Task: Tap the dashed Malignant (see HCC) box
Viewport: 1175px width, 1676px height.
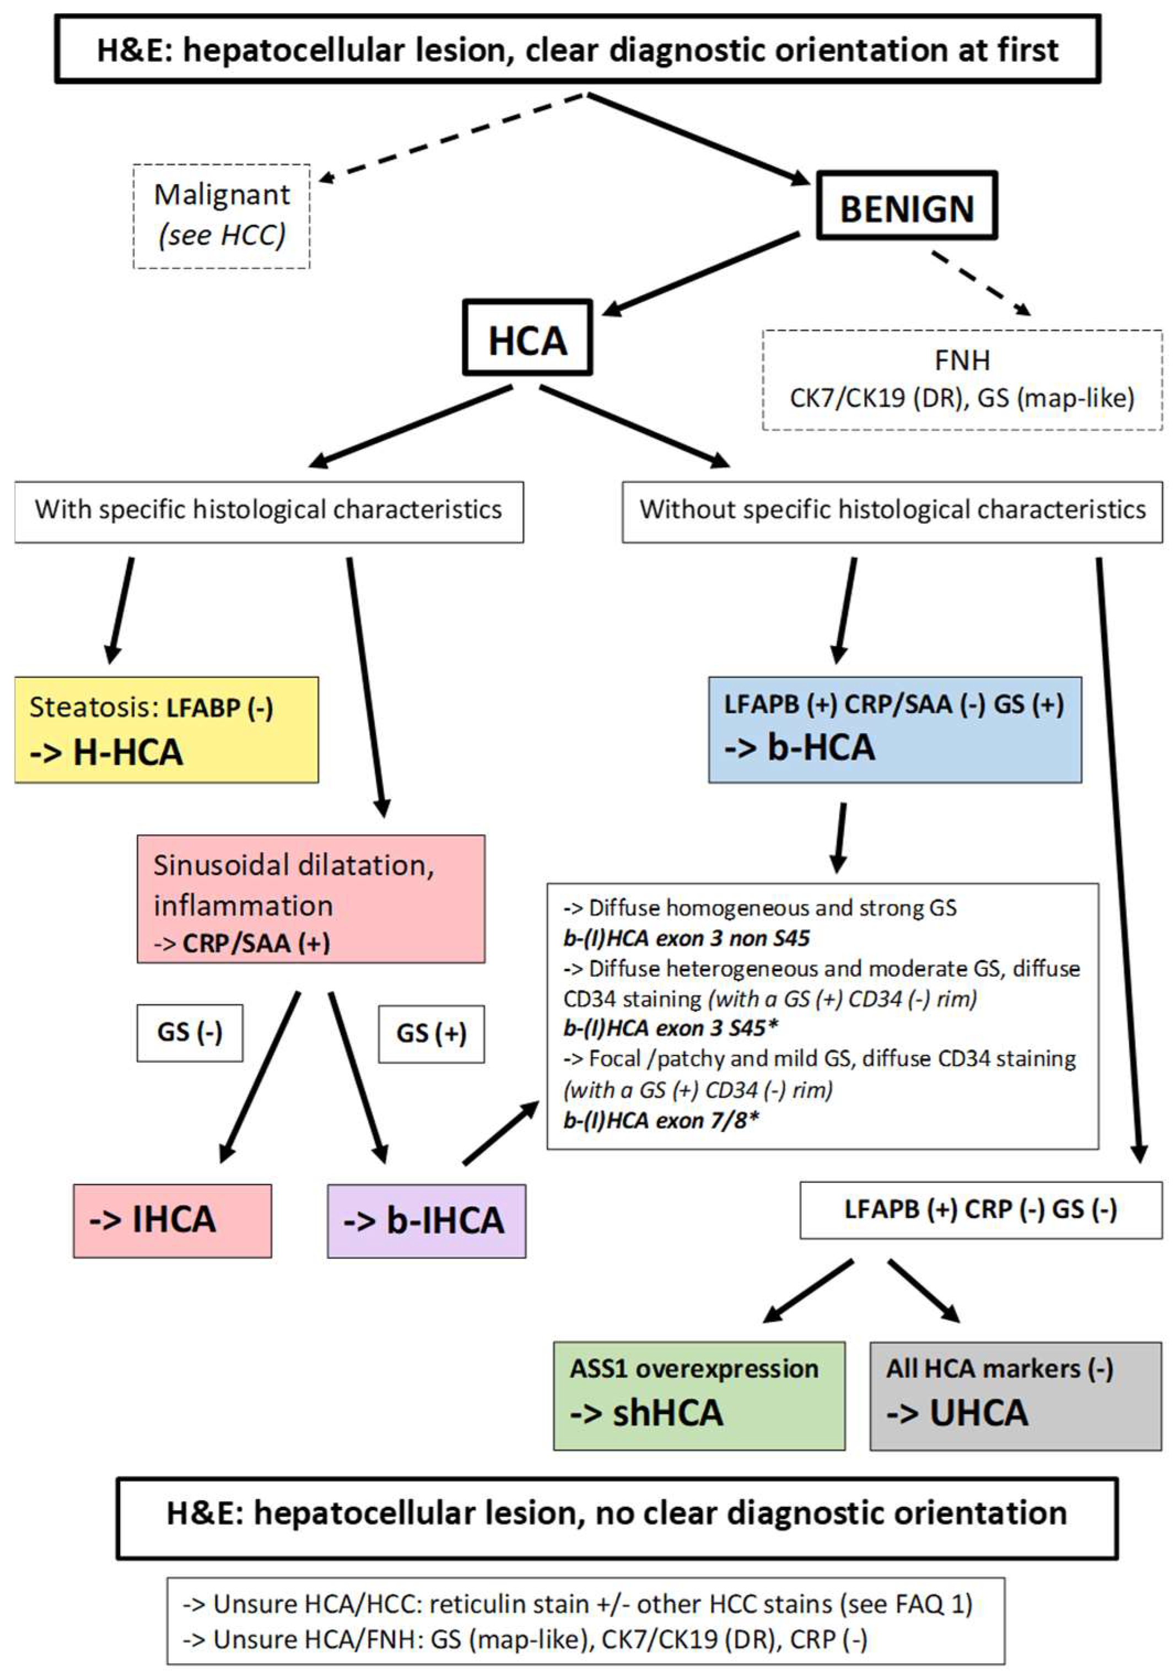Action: (221, 216)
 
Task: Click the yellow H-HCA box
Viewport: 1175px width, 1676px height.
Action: (166, 729)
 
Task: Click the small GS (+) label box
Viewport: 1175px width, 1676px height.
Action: (430, 1033)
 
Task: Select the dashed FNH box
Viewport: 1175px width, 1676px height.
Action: (962, 380)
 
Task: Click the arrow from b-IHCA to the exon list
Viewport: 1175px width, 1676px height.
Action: (500, 1133)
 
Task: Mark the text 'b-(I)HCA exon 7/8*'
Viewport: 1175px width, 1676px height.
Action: (660, 1120)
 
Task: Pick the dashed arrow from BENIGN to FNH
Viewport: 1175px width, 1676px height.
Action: (980, 284)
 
